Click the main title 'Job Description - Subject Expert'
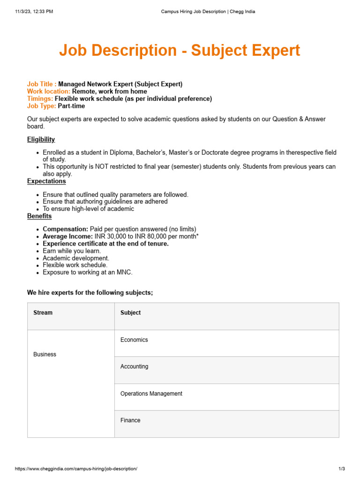[x=180, y=51]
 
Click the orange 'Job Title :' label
[x=42, y=84]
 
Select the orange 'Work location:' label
[x=49, y=91]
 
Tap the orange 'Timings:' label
[x=40, y=99]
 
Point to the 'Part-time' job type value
[x=71, y=106]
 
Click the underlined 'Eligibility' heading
[x=41, y=139]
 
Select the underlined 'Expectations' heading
[x=46, y=181]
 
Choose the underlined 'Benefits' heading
[x=39, y=216]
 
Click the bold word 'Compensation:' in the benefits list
[x=65, y=229]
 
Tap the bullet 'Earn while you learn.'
[x=72, y=251]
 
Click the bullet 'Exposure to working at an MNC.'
[x=88, y=272]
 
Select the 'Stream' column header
[x=43, y=313]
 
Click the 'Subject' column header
[x=130, y=313]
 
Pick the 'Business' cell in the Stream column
[x=45, y=354]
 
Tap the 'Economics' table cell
[x=134, y=340]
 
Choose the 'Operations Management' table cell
[x=151, y=394]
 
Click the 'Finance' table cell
[x=130, y=420]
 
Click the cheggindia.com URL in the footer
[x=76, y=469]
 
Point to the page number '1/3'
[x=341, y=469]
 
